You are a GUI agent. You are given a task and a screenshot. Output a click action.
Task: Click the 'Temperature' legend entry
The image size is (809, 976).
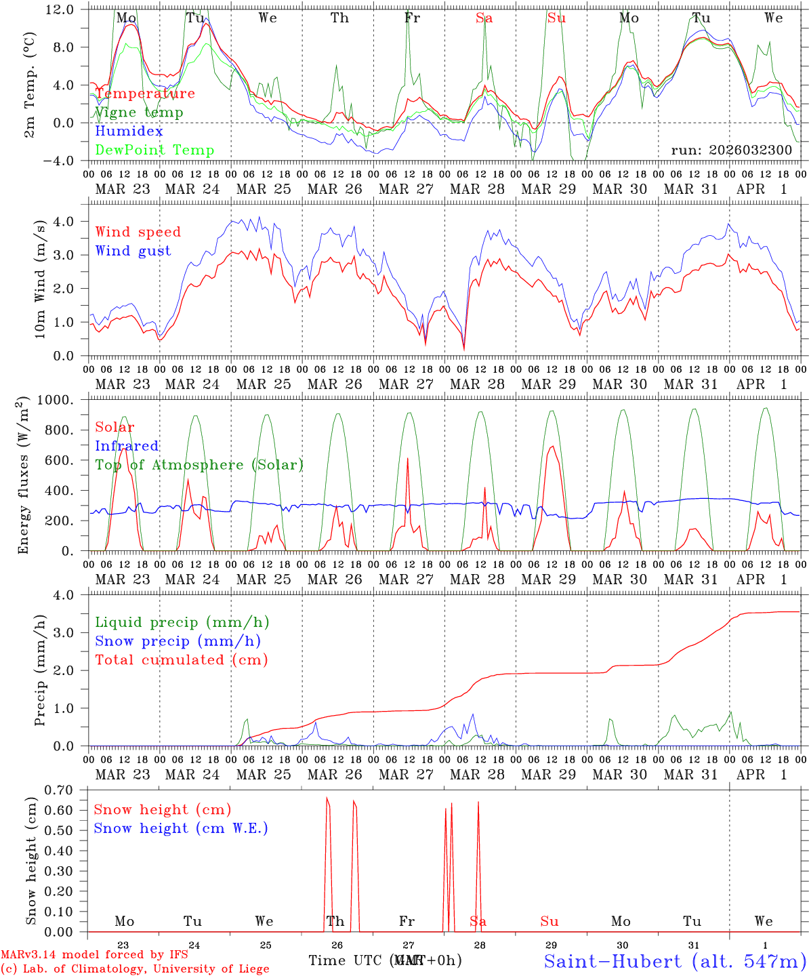(x=144, y=94)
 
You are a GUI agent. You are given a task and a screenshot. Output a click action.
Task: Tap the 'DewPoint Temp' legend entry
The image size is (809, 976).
(x=154, y=150)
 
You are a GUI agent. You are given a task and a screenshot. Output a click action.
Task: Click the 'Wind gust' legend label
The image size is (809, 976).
(x=133, y=251)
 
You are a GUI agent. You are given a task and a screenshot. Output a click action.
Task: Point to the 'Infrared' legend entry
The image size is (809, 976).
(x=127, y=446)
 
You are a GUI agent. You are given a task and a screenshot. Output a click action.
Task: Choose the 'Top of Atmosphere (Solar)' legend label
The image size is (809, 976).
(x=199, y=465)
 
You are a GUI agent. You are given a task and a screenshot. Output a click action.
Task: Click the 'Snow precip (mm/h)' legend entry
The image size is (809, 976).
(x=178, y=641)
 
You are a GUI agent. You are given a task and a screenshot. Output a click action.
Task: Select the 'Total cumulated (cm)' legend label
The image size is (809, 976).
(x=181, y=660)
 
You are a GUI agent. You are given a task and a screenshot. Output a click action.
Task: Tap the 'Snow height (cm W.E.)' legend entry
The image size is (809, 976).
(x=180, y=828)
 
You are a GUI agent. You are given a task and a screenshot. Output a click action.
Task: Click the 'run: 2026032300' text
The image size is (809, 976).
(x=731, y=150)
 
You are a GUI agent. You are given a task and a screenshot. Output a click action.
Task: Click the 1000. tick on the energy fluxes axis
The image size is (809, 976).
(x=56, y=400)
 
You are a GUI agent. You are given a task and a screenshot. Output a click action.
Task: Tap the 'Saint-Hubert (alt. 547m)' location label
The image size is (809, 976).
(x=675, y=960)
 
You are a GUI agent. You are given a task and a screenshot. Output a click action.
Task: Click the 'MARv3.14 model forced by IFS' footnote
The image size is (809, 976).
(x=94, y=955)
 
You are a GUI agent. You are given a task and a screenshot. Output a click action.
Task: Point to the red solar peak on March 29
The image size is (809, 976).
(x=552, y=446)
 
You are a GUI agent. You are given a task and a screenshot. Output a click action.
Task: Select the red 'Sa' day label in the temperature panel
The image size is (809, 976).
(x=484, y=18)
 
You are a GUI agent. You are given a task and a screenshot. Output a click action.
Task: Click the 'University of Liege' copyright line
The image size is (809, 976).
(x=135, y=969)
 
